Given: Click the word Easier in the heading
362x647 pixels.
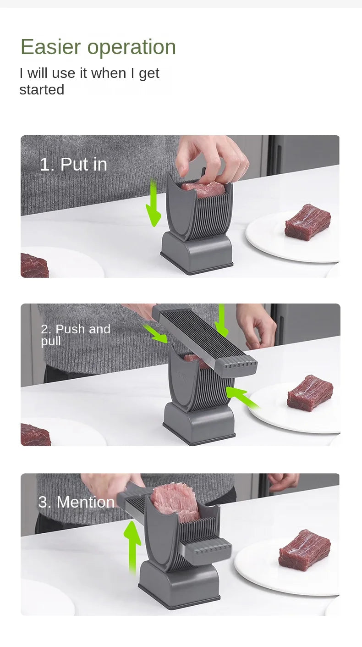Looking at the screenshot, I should click(x=50, y=47).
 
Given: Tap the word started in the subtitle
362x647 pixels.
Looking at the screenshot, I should click(x=42, y=90).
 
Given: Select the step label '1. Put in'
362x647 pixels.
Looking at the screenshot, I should click(x=73, y=165).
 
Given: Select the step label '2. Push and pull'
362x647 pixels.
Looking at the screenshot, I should click(x=76, y=335).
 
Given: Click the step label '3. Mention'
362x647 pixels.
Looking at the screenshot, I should click(x=77, y=502).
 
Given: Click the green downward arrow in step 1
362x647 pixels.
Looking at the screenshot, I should click(x=153, y=204).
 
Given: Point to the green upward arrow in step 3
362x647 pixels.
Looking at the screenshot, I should click(x=132, y=546).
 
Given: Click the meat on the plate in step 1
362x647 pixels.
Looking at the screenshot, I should click(x=307, y=222).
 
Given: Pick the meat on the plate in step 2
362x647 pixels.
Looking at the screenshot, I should click(x=310, y=393).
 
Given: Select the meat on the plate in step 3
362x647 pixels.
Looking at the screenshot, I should click(x=304, y=550).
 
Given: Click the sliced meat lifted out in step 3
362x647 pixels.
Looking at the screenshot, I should click(x=175, y=502).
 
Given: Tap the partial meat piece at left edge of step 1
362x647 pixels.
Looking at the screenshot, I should click(x=33, y=265).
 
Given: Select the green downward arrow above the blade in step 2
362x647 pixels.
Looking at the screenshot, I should click(x=222, y=321).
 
